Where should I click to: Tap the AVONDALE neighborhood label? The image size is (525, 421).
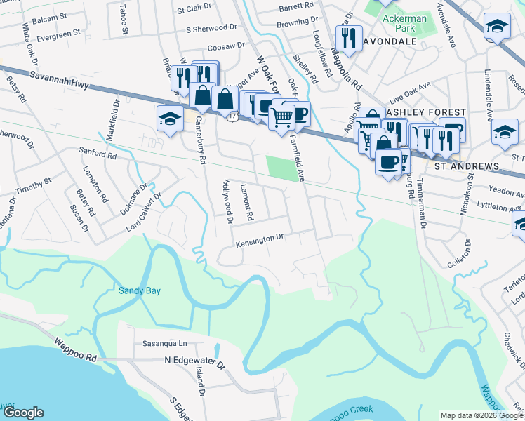pos(391,41)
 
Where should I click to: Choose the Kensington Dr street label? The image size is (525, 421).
pos(259,239)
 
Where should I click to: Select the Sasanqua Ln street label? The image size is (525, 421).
pos(165,344)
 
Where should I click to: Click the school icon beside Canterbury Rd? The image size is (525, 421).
pos(169,119)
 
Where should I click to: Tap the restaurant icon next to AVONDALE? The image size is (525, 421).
pos(348,38)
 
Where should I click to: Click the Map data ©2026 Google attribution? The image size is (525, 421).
pos(481,415)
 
